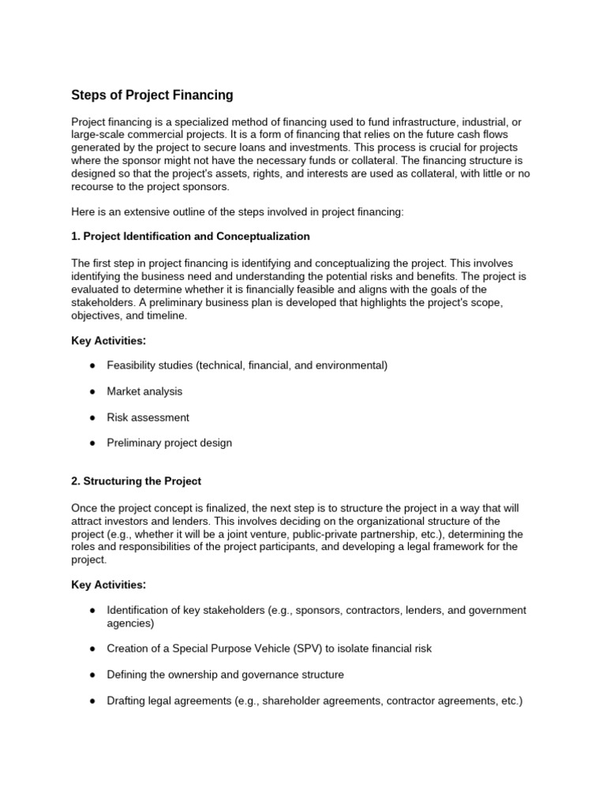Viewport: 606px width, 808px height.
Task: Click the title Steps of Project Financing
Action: (x=152, y=95)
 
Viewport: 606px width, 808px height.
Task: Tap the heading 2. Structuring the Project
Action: (x=137, y=481)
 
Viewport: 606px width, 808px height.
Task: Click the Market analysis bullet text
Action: (x=144, y=391)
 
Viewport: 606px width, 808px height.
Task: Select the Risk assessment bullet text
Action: (x=148, y=417)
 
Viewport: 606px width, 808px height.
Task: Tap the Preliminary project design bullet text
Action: (x=170, y=443)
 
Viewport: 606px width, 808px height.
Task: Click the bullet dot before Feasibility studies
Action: (x=93, y=365)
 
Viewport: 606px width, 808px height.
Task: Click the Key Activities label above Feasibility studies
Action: (x=109, y=340)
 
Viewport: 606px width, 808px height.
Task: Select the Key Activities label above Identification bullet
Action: (x=109, y=585)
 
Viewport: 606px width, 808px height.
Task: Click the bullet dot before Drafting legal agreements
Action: (x=93, y=701)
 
